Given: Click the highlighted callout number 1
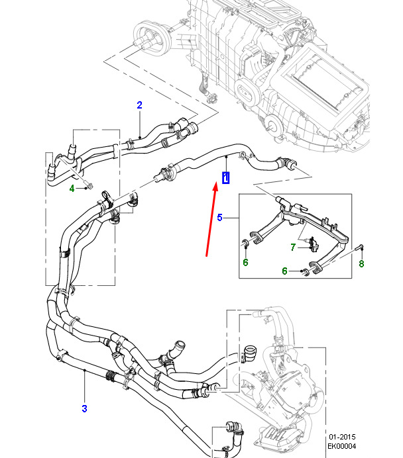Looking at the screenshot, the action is click(x=226, y=178).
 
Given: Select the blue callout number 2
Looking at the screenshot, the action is click(x=139, y=105).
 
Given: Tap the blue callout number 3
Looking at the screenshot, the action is click(x=85, y=408).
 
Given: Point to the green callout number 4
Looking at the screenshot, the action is click(x=72, y=189).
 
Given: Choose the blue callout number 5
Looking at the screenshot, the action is click(x=220, y=217).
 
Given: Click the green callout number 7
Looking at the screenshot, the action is click(x=293, y=248).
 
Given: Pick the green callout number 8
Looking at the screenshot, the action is click(x=361, y=264).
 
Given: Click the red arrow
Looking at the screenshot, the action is click(x=211, y=219).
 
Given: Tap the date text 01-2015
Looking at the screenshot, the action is click(x=342, y=437).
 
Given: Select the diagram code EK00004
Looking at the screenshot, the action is click(x=342, y=446).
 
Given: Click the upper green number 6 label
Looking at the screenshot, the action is click(x=246, y=262).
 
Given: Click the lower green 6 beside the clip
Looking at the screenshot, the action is click(x=284, y=271).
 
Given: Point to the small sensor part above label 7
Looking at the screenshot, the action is click(x=314, y=244).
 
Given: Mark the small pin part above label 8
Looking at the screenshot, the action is click(x=359, y=248).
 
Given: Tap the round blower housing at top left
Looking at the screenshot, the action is click(x=151, y=38).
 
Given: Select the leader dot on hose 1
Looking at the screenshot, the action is click(x=226, y=157).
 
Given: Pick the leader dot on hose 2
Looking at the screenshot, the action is click(x=140, y=137).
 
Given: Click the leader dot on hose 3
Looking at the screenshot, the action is click(x=85, y=371).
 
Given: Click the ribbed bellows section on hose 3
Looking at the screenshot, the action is click(x=110, y=376).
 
